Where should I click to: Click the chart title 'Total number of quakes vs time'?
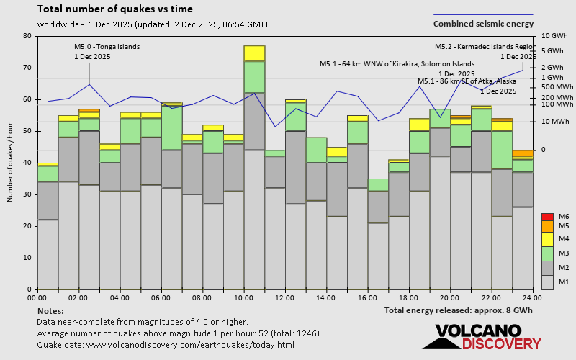click(114, 9)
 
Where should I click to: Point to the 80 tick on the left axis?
click(27, 36)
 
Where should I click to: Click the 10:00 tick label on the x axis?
click(243, 297)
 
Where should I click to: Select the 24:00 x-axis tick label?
click(533, 297)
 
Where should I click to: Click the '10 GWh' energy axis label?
click(554, 36)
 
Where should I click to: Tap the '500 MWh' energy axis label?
click(557, 87)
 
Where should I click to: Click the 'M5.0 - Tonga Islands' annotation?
click(107, 47)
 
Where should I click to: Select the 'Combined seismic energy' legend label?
click(483, 24)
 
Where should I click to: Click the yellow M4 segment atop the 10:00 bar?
click(254, 53)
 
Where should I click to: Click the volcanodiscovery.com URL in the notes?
click(165, 345)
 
